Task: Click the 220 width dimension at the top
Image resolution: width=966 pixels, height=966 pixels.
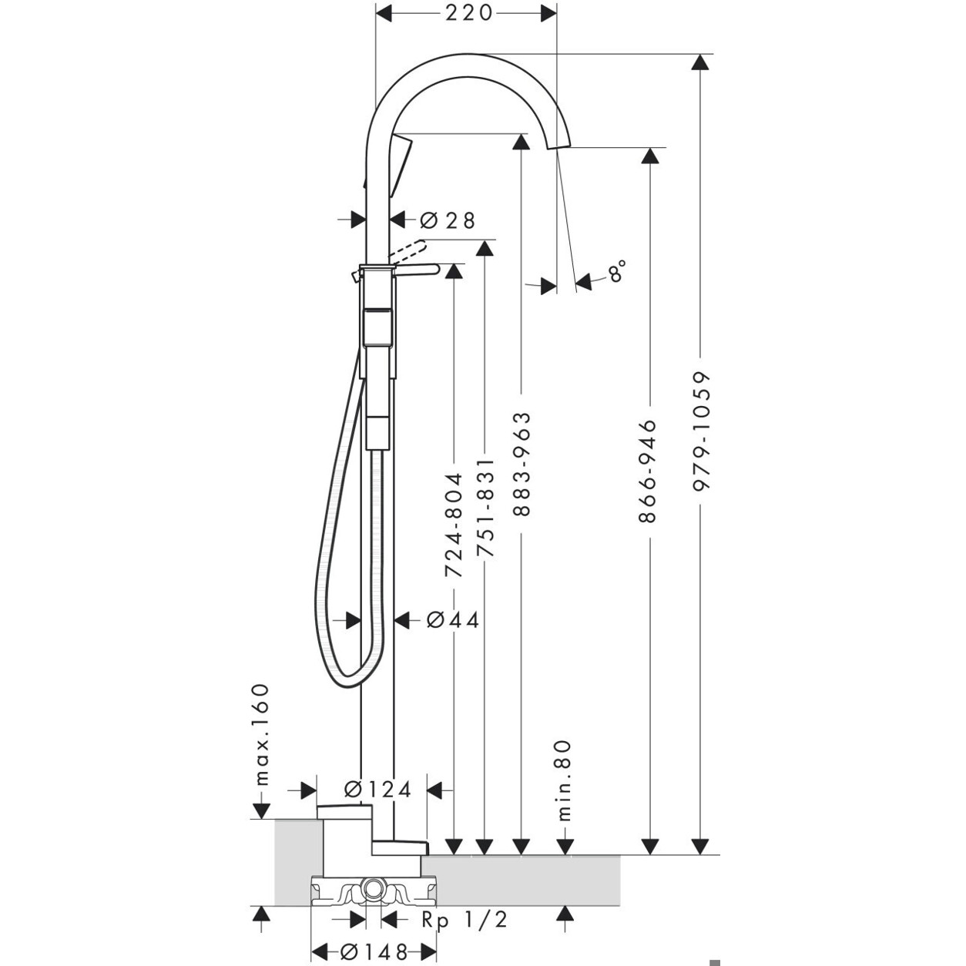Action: point(468,13)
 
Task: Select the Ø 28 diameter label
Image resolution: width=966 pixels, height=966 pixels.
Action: point(448,220)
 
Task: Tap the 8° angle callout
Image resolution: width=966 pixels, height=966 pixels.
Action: point(616,273)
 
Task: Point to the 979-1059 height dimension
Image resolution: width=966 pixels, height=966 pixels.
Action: point(699,431)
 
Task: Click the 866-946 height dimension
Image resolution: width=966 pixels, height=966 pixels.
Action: point(649,471)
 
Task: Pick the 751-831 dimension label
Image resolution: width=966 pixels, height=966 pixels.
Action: point(485,508)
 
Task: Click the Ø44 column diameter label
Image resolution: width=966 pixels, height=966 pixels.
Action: point(453,620)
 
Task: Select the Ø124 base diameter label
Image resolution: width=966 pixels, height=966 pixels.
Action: point(377,790)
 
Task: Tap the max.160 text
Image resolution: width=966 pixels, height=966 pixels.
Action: point(262,733)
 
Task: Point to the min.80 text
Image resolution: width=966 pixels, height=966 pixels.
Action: point(565,780)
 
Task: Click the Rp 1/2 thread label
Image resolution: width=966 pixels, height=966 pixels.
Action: point(465,920)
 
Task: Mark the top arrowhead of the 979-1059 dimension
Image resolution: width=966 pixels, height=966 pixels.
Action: point(699,64)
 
